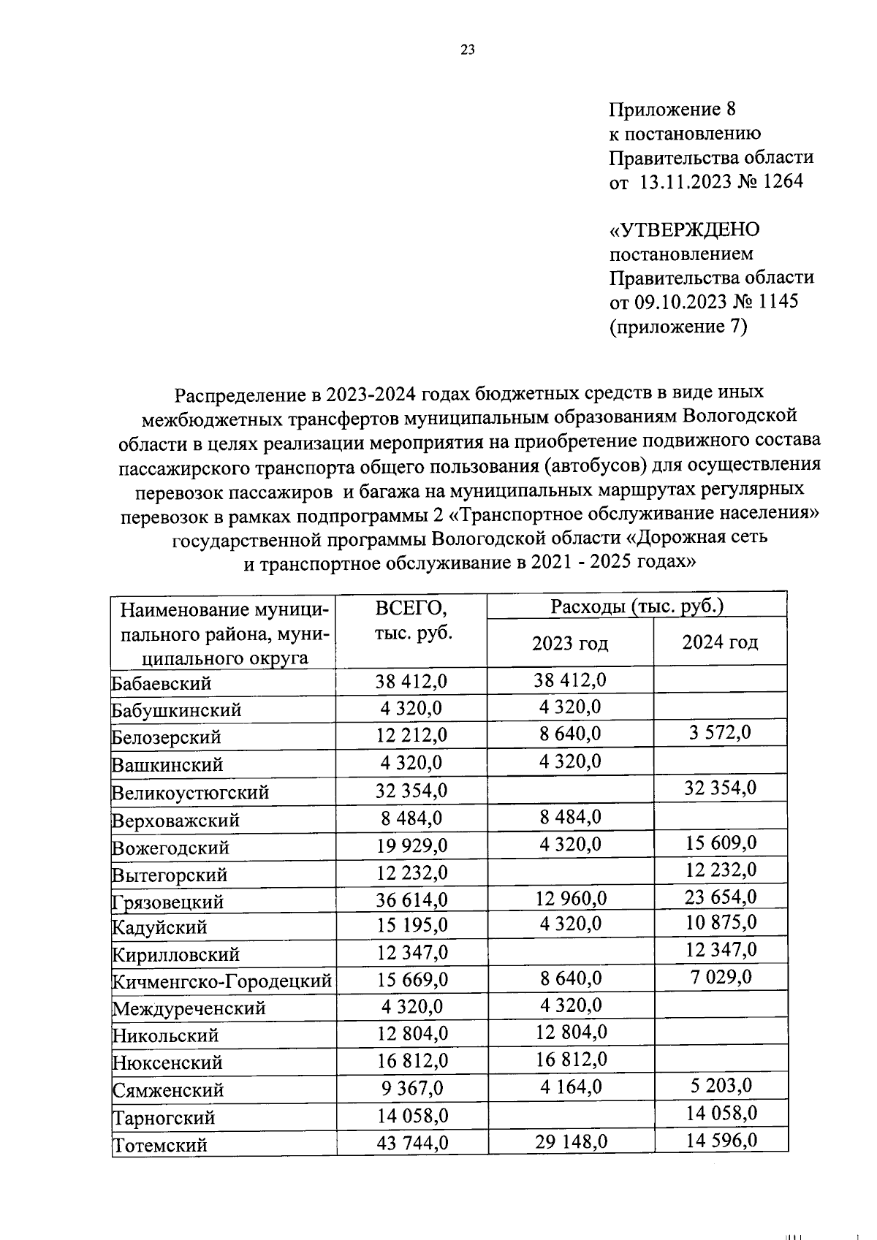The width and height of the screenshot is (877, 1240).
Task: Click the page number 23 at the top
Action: (468, 50)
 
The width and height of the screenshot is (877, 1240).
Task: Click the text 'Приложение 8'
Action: (672, 110)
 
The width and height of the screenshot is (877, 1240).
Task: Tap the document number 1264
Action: (782, 181)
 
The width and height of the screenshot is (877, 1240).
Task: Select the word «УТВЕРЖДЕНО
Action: (685, 229)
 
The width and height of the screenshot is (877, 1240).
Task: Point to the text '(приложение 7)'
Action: (678, 327)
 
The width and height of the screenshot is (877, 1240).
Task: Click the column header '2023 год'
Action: (570, 644)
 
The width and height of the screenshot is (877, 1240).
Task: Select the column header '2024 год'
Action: (720, 642)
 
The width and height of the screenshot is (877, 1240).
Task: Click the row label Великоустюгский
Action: (191, 793)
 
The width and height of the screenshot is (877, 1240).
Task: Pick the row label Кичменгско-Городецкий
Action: (222, 981)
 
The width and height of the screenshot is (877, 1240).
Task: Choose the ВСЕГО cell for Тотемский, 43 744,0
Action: (411, 1142)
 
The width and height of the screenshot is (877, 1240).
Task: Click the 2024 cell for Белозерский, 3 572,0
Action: (720, 733)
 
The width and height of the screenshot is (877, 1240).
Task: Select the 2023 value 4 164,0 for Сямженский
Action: (570, 1087)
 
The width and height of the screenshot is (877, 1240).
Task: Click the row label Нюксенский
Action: (167, 1062)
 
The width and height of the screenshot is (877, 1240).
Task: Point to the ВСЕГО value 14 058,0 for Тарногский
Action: (411, 1116)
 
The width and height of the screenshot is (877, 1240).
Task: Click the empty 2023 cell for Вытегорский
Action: (570, 870)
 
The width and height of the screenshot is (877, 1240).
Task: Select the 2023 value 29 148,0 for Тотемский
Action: (570, 1141)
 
